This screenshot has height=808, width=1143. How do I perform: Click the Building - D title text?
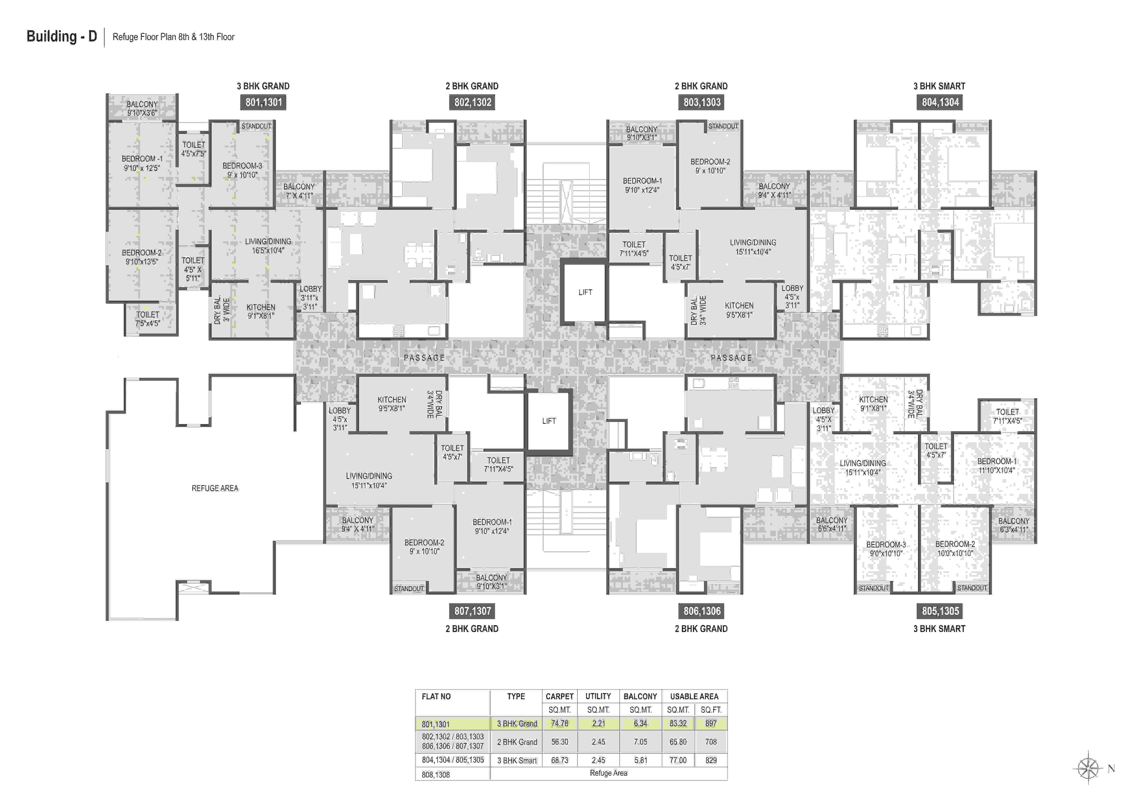pos(62,36)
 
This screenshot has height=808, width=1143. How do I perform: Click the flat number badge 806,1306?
pos(701,611)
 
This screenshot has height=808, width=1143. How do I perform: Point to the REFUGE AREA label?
pos(215,488)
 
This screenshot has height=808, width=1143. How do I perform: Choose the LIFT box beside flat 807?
pos(549,421)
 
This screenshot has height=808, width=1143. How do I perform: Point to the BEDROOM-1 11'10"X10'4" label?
pos(997,465)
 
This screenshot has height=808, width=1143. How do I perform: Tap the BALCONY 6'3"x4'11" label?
pos(1014,525)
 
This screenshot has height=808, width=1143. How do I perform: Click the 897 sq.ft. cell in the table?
pos(711,723)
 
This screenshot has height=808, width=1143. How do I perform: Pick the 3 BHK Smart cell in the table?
pos(517,760)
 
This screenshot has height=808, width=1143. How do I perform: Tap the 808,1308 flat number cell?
pos(436,775)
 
